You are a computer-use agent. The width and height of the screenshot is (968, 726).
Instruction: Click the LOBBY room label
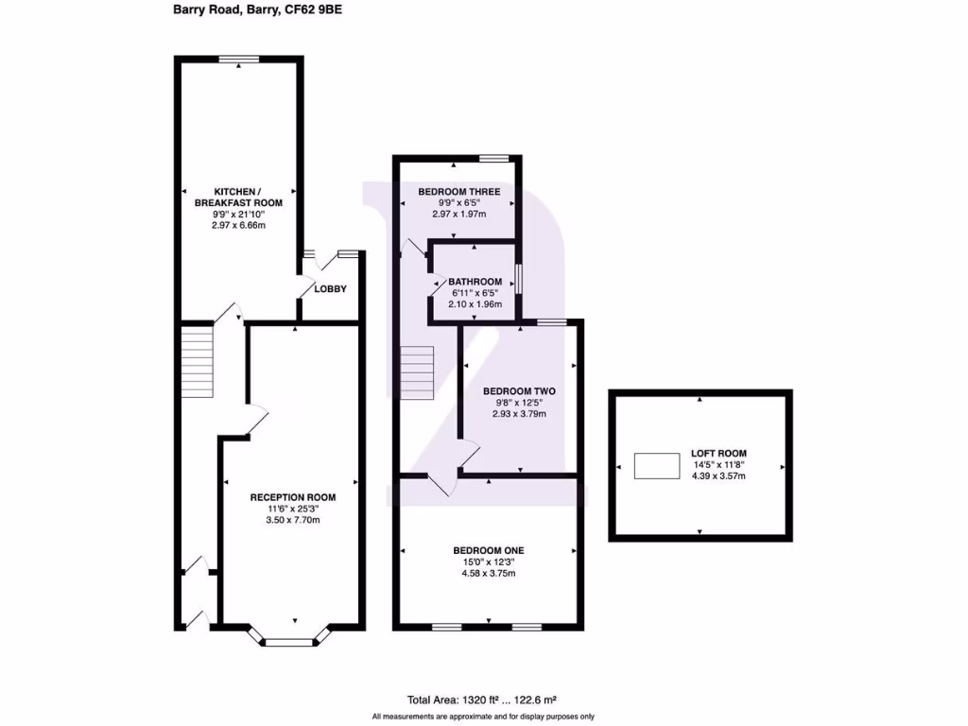[x=330, y=289]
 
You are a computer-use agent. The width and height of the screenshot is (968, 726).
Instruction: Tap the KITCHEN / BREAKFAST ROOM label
[x=238, y=197]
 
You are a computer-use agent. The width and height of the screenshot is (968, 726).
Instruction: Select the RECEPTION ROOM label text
[x=292, y=497]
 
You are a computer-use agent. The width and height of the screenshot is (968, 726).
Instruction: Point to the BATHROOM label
[x=475, y=282]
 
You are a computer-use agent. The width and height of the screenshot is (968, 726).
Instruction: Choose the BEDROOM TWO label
[x=519, y=390]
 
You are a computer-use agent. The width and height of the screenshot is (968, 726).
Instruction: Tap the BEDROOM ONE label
[x=488, y=551]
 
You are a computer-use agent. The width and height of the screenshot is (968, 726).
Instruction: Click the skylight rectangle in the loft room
[x=657, y=466]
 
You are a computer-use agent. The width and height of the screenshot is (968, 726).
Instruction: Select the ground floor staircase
[x=198, y=360]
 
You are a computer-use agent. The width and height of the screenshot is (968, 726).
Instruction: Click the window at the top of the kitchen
[x=239, y=60]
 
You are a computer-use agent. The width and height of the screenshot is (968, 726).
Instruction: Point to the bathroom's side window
[x=518, y=281]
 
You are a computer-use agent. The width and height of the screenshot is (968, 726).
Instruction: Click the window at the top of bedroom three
[x=493, y=157]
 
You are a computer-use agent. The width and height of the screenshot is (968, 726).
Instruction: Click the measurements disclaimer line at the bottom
[x=483, y=717]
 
